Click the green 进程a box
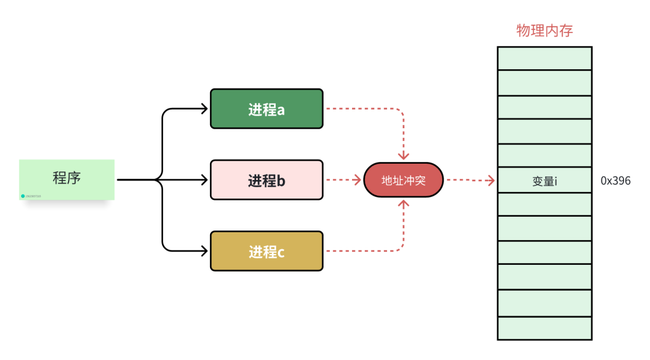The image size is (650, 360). pos(266,109)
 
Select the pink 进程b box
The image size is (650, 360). pos(266,180)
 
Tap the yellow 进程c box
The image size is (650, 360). pos(266,251)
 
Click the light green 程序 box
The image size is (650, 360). pos(67,179)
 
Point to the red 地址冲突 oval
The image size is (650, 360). pos(403,180)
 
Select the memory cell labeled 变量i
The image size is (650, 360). pos(544,180)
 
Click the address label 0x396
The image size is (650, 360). pos(615,181)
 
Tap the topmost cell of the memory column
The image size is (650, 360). pos(544,58)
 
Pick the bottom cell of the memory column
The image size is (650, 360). pos(544,328)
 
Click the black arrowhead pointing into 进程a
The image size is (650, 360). pos(204,109)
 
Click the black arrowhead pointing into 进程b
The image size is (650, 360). pos(204,180)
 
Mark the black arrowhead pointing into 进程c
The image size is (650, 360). pos(204,251)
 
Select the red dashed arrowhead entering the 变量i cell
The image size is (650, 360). pos(491,180)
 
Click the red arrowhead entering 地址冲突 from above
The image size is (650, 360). pos(403,156)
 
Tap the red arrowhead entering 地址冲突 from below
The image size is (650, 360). pos(403,204)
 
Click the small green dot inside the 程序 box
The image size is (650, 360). pos(23,196)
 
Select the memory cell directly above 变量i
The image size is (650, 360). pos(544,155)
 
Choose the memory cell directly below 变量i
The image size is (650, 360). pos(544,204)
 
